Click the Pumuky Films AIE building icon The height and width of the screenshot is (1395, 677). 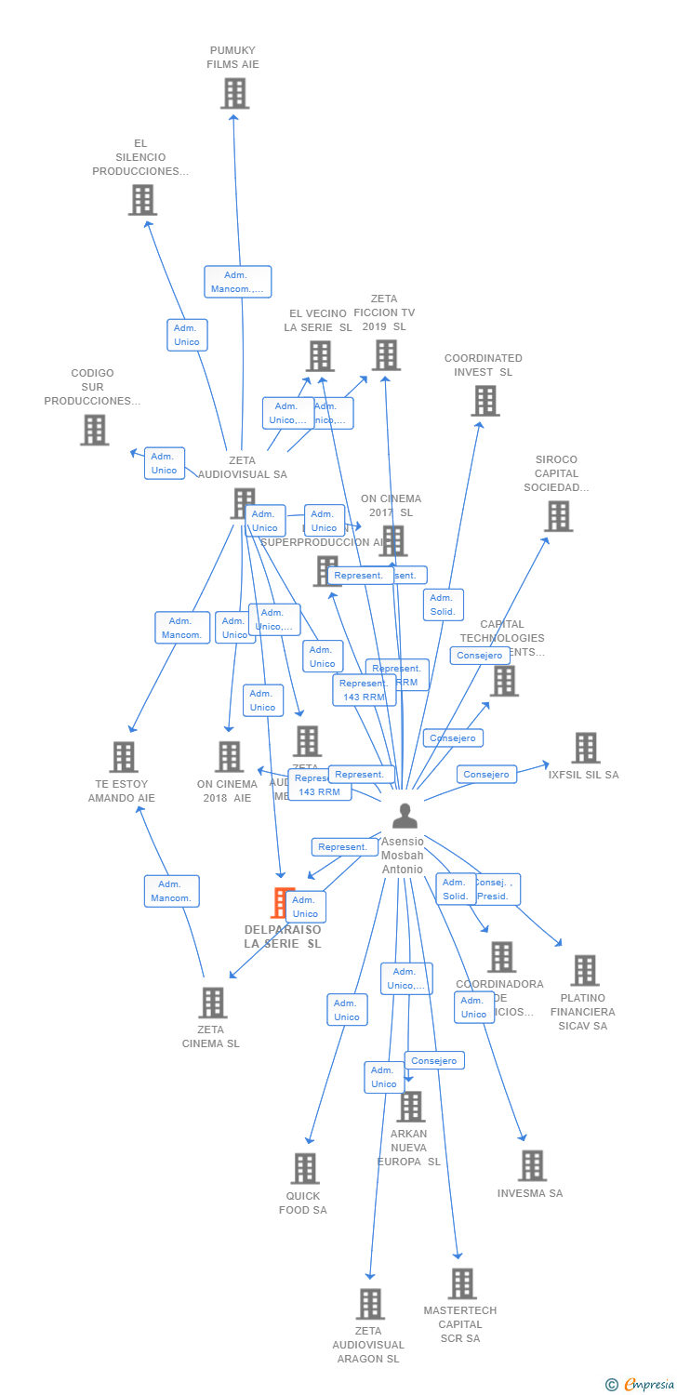(x=234, y=94)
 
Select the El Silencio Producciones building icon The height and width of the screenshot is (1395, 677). (x=142, y=200)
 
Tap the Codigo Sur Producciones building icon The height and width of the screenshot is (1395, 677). (x=94, y=430)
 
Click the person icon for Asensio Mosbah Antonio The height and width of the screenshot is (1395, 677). (x=405, y=816)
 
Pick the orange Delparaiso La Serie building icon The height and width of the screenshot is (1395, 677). (x=281, y=903)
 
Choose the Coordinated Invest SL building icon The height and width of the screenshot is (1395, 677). (x=485, y=401)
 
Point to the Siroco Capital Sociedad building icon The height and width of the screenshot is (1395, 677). (x=558, y=516)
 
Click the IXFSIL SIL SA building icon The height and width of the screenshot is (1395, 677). (x=585, y=748)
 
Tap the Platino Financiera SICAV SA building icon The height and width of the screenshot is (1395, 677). (x=584, y=970)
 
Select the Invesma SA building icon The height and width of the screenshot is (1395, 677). (x=532, y=1165)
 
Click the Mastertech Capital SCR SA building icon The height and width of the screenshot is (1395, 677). (x=461, y=1283)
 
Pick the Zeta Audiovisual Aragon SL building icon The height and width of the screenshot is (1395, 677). (x=370, y=1304)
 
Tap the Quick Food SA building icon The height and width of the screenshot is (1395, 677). (x=305, y=1169)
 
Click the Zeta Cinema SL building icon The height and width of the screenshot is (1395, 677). (x=213, y=1003)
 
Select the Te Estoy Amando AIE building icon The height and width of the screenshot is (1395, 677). (x=123, y=757)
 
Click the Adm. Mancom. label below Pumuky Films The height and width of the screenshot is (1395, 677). (x=237, y=282)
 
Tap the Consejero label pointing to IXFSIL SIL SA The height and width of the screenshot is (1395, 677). (x=486, y=774)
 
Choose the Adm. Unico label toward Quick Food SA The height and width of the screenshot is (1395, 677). (x=347, y=1010)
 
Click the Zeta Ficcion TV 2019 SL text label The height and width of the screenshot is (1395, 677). (x=384, y=312)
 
